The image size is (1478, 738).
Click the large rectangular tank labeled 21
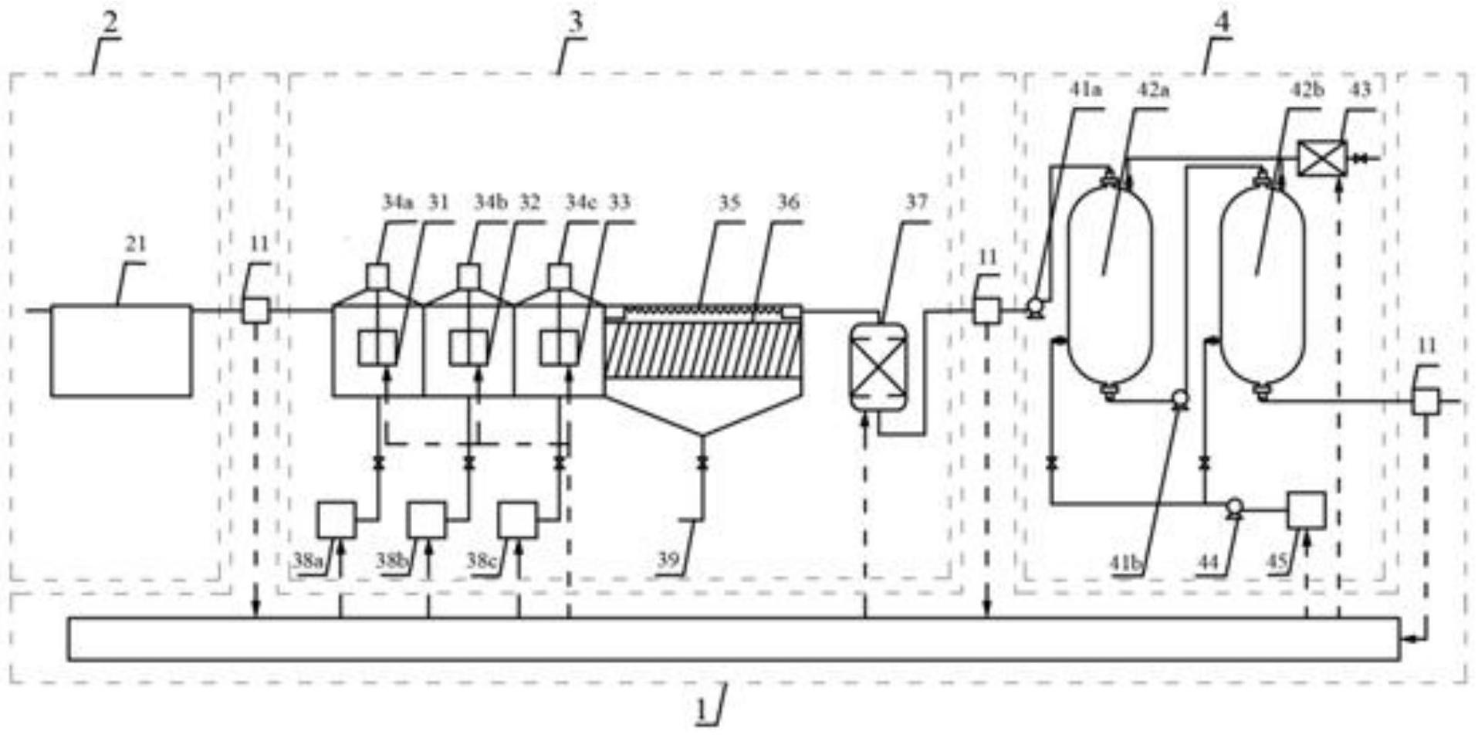(x=121, y=350)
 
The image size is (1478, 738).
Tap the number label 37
(x=915, y=202)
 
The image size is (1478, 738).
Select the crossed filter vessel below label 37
(x=878, y=367)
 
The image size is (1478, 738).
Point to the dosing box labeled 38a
(x=337, y=520)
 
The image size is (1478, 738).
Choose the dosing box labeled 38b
(x=427, y=520)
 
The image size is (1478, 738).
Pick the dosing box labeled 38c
(x=517, y=520)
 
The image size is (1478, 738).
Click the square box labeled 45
(x=1307, y=510)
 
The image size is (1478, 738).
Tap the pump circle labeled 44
(x=1234, y=506)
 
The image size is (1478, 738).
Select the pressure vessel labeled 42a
(x=1110, y=282)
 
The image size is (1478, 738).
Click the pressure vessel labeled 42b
(x=1263, y=282)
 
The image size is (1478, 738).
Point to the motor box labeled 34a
(x=377, y=276)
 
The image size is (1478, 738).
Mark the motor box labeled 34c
(x=560, y=276)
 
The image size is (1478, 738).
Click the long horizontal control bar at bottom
(x=733, y=638)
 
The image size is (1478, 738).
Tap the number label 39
(x=668, y=559)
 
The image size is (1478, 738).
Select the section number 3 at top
(x=576, y=22)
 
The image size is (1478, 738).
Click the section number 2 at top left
(x=111, y=22)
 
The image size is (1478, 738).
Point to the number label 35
(x=729, y=202)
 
